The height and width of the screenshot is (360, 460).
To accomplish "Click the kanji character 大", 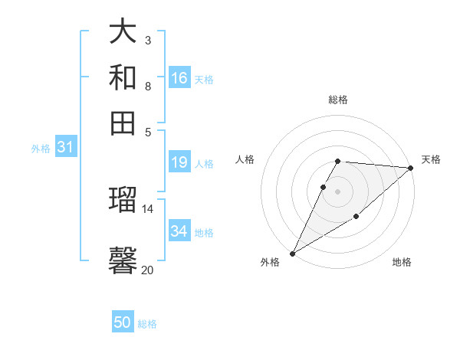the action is point(123,31).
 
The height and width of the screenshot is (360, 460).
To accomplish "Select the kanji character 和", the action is point(123,77).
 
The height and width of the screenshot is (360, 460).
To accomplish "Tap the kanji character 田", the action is point(123,122).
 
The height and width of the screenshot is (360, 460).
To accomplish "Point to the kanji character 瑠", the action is point(123,201).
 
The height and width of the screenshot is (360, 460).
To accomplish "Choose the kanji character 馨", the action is point(123,260).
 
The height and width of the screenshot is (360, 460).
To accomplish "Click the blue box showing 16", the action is point(179,78).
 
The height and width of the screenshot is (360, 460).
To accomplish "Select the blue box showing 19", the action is point(179,162).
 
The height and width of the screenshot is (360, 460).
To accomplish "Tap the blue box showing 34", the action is point(179,231).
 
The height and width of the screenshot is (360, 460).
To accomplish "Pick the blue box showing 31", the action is point(65,148).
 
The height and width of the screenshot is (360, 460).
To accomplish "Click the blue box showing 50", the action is point(123,323).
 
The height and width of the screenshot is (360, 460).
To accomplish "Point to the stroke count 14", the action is point(147,208).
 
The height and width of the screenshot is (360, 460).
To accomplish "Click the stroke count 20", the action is point(147,270).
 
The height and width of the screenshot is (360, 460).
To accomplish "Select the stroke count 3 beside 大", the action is point(147,39).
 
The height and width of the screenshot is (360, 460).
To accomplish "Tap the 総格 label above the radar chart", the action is point(338,100).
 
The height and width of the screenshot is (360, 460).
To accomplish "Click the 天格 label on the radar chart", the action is point(431,159).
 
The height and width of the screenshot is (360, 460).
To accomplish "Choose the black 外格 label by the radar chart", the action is point(270,262).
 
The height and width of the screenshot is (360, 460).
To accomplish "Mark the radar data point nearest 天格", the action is point(411,168).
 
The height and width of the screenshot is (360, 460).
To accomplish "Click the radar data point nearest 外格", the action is point(292,253).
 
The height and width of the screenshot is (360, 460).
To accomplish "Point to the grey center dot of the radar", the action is point(338,191).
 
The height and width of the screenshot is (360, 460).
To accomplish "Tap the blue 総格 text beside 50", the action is point(147,324).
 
